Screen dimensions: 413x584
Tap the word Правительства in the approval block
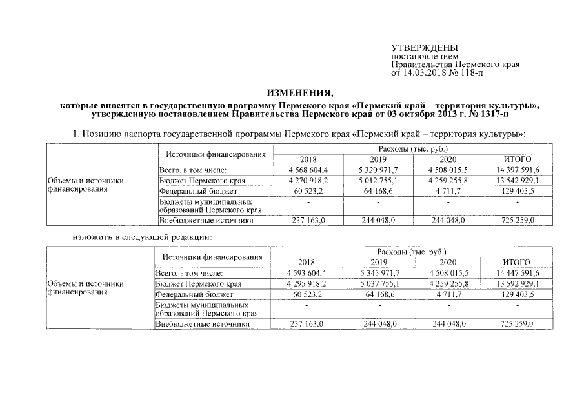(421, 65)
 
